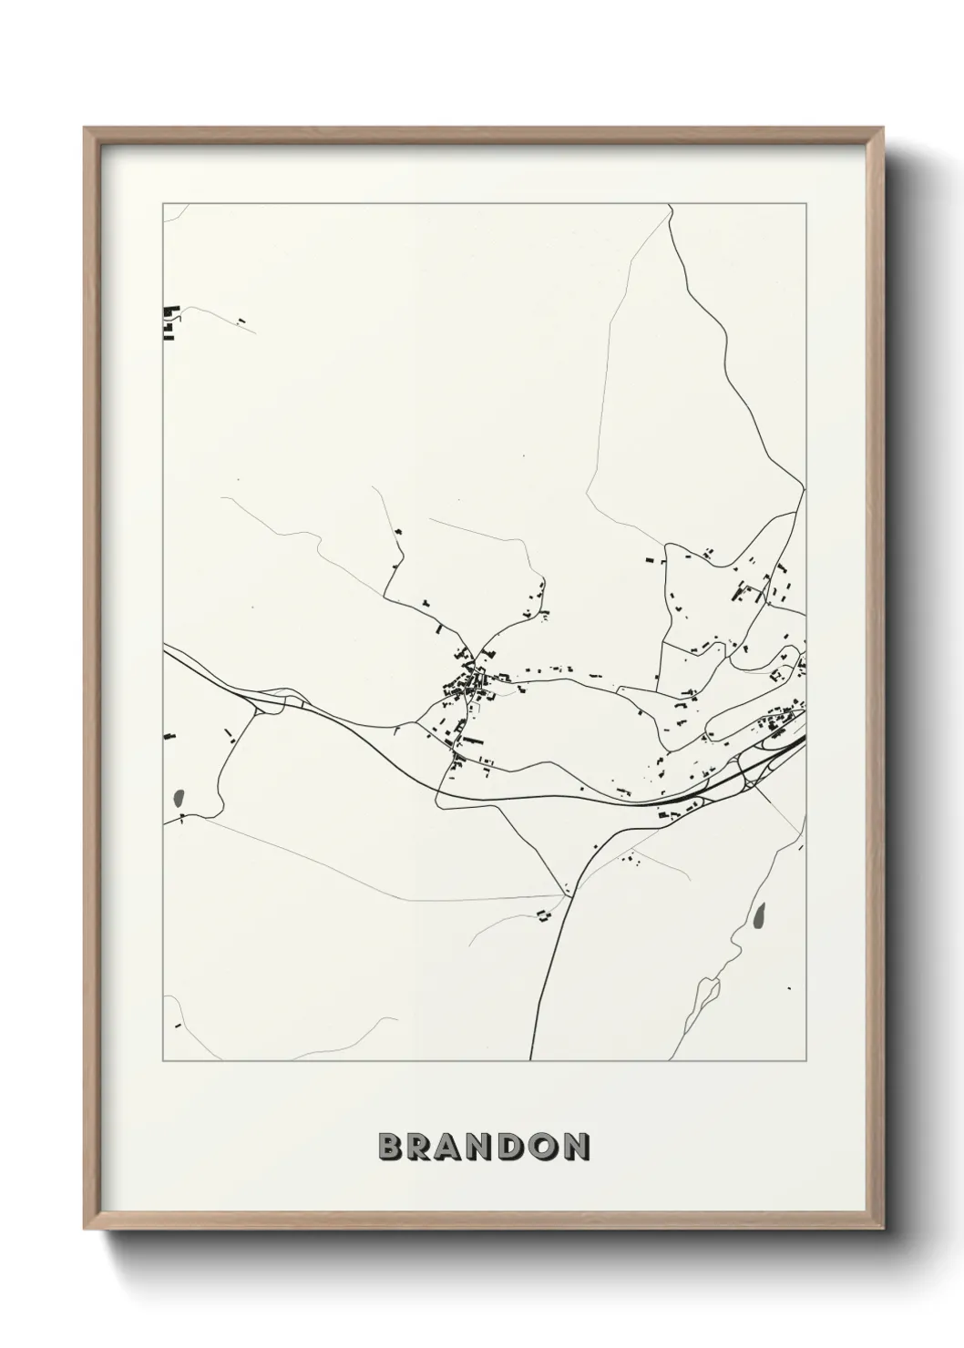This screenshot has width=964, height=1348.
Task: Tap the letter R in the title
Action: [x=421, y=1148]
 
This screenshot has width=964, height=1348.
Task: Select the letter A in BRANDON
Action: [x=453, y=1148]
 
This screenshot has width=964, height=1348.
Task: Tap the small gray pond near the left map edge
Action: [x=177, y=799]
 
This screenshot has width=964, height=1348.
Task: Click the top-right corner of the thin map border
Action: [x=805, y=203]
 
